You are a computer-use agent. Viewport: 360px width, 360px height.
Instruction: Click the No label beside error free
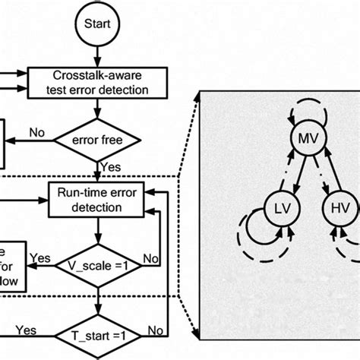click(x=36, y=133)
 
